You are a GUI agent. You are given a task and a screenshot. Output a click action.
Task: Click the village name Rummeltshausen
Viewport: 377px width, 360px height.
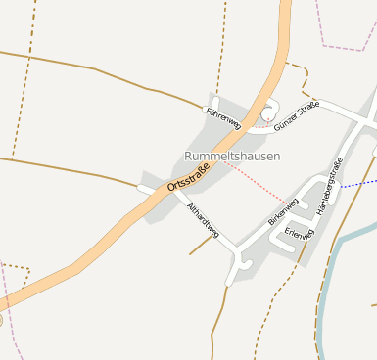tap(232, 156)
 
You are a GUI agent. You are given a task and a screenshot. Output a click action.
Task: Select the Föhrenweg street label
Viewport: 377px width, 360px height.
tap(224, 117)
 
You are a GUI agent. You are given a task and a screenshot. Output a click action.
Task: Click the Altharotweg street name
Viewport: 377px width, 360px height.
tap(203, 220)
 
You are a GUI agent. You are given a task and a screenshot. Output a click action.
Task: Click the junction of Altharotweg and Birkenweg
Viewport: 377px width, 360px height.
tap(238, 258)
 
